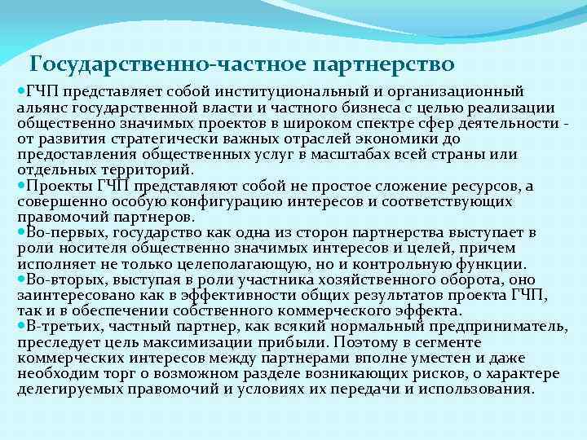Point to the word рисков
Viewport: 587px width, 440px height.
[x=440, y=372]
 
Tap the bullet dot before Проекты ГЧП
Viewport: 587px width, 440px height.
[x=21, y=186]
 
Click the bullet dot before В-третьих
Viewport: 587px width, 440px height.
[x=21, y=326]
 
